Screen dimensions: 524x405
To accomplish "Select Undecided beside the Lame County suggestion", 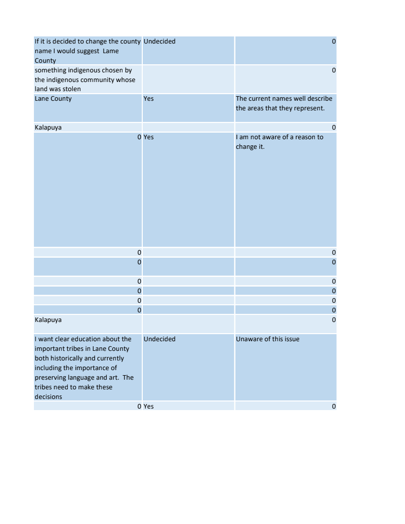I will tap(159, 42).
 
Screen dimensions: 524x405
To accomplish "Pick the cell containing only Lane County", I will tap(53, 99).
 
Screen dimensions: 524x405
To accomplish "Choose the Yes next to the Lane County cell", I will tap(149, 99).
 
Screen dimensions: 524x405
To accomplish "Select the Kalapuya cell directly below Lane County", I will tap(48, 128).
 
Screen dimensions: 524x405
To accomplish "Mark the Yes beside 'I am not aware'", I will tap(149, 137).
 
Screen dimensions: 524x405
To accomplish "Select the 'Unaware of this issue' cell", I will tap(267, 339).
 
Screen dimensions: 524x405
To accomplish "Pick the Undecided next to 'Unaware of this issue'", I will tap(159, 339).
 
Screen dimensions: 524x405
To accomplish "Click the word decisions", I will tap(48, 397).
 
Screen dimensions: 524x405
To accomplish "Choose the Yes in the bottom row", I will tap(149, 407).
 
